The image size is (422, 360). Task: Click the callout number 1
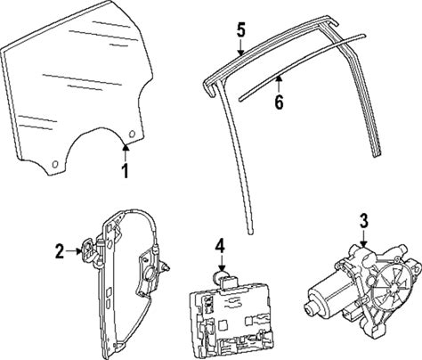[126, 171]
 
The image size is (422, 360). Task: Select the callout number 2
[60, 251]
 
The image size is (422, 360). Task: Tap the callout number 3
[364, 221]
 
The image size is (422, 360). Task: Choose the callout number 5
[241, 31]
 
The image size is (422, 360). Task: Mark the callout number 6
[279, 102]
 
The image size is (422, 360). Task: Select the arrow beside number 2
[74, 251]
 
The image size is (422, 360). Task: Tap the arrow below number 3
[364, 238]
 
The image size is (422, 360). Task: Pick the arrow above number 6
[279, 85]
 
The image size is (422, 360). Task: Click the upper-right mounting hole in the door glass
[132, 135]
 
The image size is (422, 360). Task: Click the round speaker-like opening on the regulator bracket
[149, 274]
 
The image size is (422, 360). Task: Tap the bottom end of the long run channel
[251, 232]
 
